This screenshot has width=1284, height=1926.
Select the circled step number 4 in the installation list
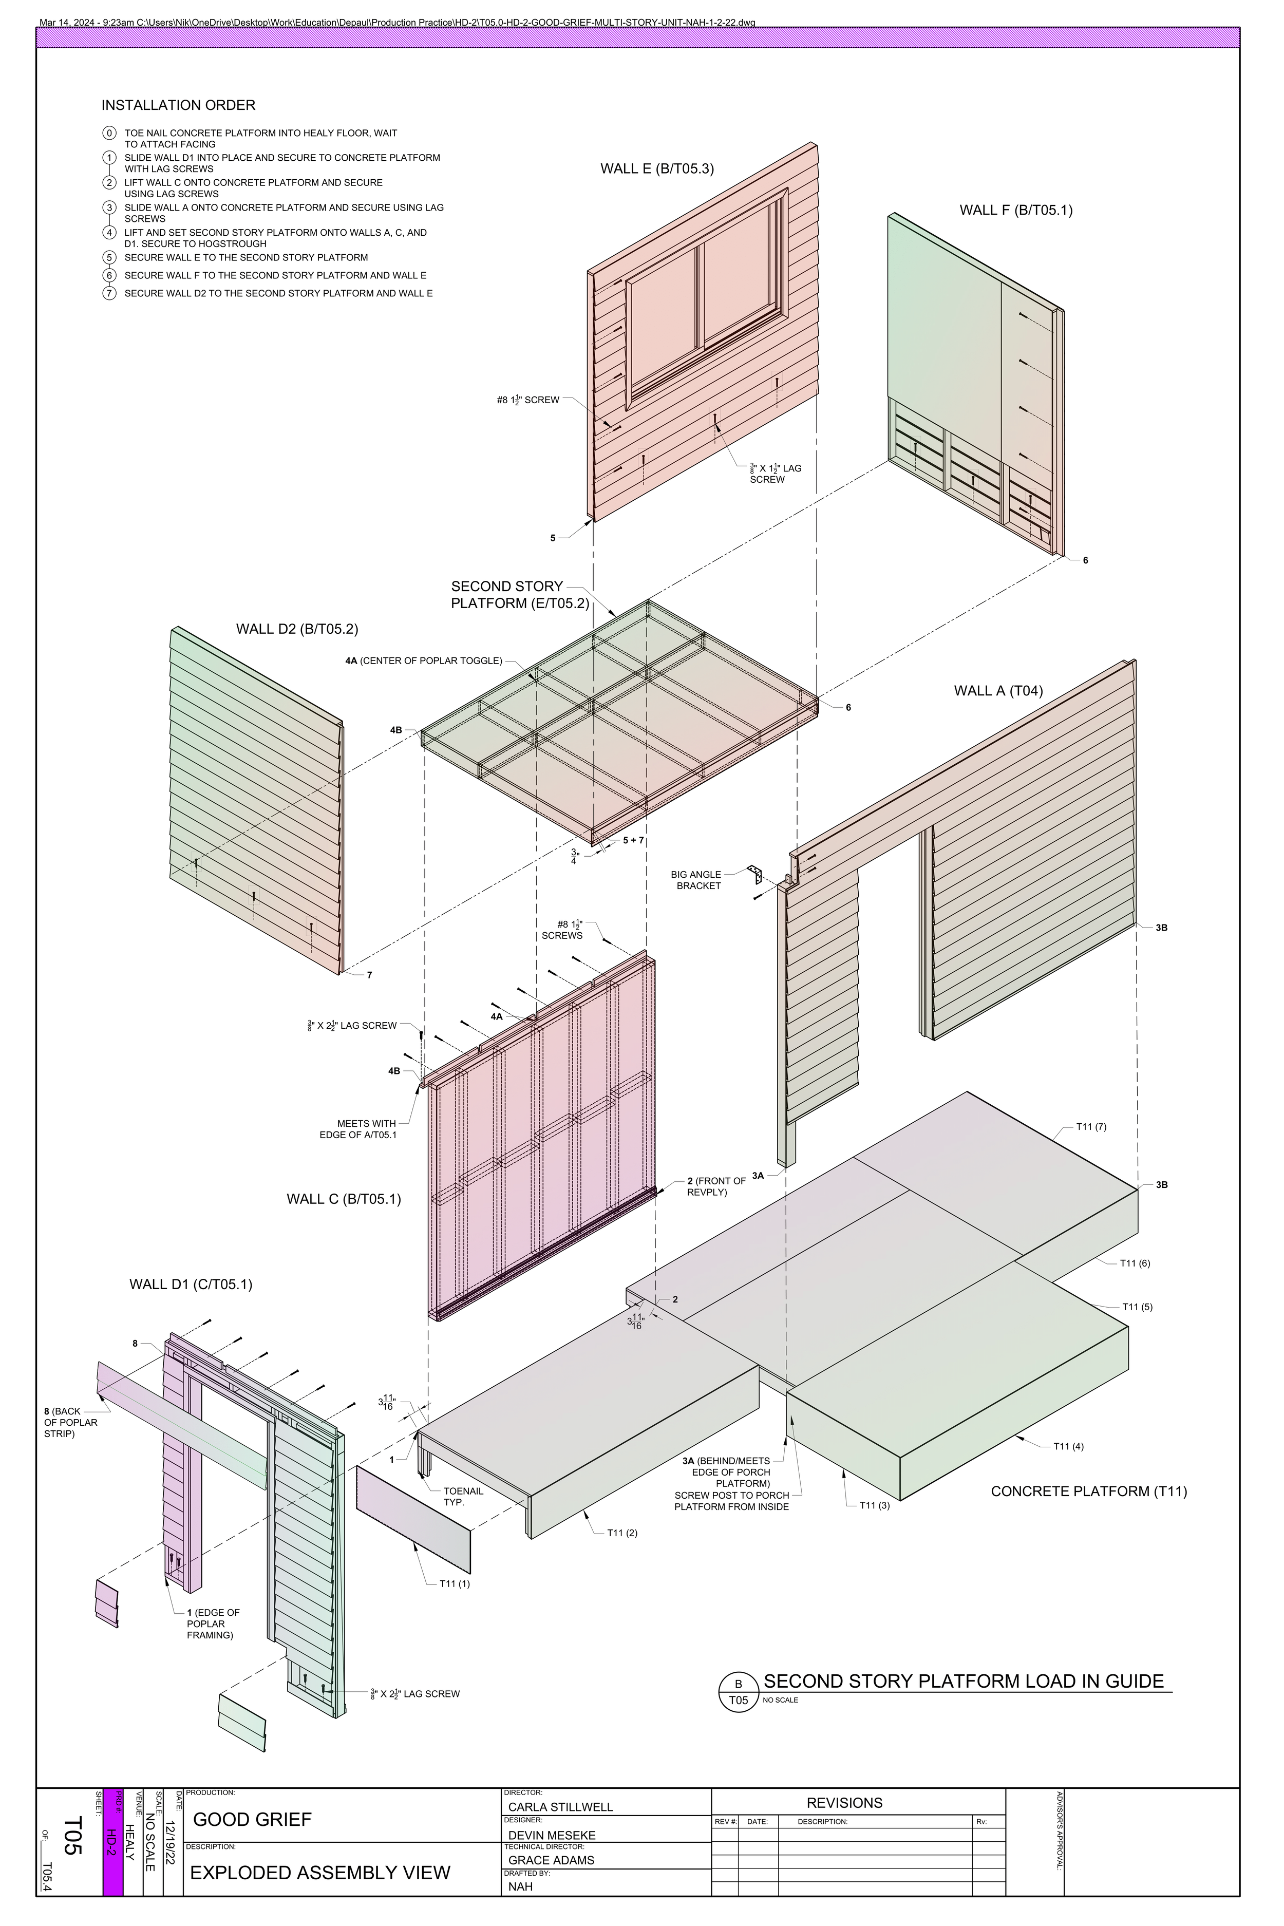pyautogui.click(x=109, y=233)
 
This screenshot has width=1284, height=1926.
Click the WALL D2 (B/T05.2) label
pyautogui.click(x=296, y=629)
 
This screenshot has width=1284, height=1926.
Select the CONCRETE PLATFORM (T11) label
pyautogui.click(x=1088, y=1491)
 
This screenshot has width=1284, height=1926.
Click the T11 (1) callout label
pyautogui.click(x=455, y=1584)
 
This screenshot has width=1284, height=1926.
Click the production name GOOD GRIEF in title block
pyautogui.click(x=252, y=1820)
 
